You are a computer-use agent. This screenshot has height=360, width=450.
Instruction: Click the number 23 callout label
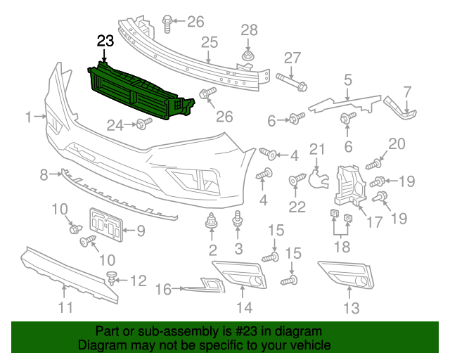tap(105, 42)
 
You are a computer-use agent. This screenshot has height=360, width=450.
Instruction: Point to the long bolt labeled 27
tap(291, 82)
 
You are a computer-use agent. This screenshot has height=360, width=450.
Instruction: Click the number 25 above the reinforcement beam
tap(210, 43)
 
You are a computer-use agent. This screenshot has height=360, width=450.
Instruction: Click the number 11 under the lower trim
tap(65, 307)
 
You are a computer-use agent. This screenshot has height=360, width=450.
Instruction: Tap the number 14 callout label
tap(243, 307)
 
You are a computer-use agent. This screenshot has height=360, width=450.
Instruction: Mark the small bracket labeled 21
tap(320, 175)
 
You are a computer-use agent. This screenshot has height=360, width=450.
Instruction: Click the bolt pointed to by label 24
tap(143, 124)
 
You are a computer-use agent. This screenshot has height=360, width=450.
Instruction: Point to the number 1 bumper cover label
tap(30, 118)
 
